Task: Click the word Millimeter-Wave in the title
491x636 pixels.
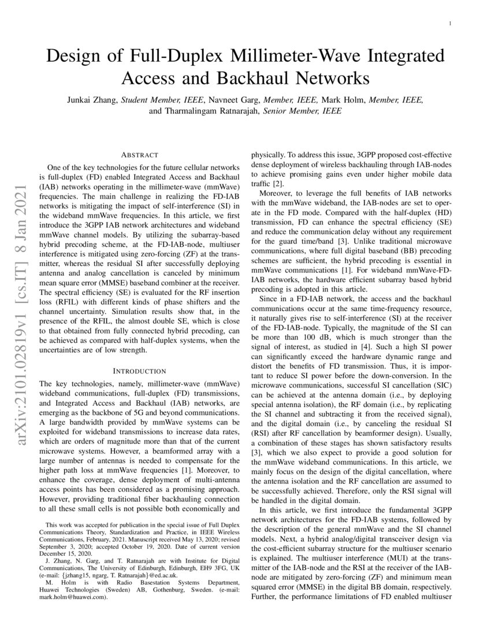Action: (x=297, y=57)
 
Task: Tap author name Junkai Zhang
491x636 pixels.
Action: (x=94, y=99)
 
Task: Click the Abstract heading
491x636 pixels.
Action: (x=140, y=156)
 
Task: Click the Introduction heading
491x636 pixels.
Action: (x=140, y=371)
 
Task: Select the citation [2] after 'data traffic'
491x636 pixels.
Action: (x=278, y=183)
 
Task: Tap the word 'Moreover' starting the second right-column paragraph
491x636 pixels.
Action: (x=276, y=193)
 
